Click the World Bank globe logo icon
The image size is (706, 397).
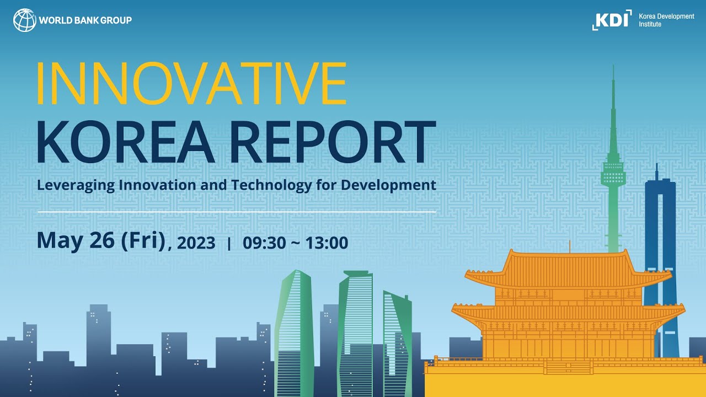click(24, 20)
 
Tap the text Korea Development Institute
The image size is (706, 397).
click(666, 20)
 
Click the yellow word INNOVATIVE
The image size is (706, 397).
click(191, 84)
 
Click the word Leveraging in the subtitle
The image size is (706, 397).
click(76, 185)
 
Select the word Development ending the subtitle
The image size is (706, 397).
click(388, 185)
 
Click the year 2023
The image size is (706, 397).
click(196, 243)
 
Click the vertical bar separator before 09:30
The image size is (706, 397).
click(229, 243)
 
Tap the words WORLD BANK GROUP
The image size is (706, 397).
click(85, 20)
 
